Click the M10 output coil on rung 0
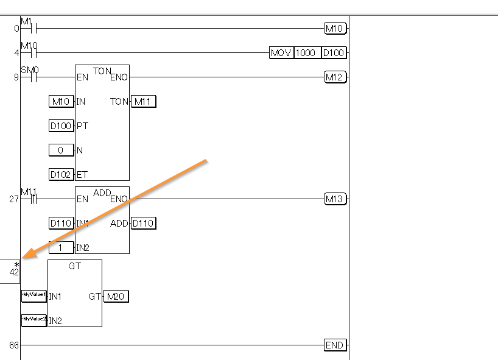pyautogui.click(x=335, y=28)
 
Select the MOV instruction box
pyautogui.click(x=281, y=52)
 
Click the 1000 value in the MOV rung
pyautogui.click(x=306, y=52)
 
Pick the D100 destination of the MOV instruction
pyautogui.click(x=334, y=52)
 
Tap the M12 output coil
pyautogui.click(x=335, y=77)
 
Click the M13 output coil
pyautogui.click(x=335, y=199)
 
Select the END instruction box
pyautogui.click(x=335, y=345)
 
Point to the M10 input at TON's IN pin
pyautogui.click(x=61, y=101)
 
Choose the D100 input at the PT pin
pyautogui.click(x=61, y=125)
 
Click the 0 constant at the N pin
pyautogui.click(x=61, y=150)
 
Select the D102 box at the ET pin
pyautogui.click(x=61, y=174)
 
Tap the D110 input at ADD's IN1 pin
pyautogui.click(x=61, y=223)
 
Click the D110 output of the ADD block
pyautogui.click(x=143, y=223)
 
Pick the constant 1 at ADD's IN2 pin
pyautogui.click(x=61, y=247)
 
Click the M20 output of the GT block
pyautogui.click(x=116, y=297)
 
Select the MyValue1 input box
pyautogui.click(x=33, y=296)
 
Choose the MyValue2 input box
pyautogui.click(x=33, y=320)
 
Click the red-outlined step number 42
pyautogui.click(x=10, y=271)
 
